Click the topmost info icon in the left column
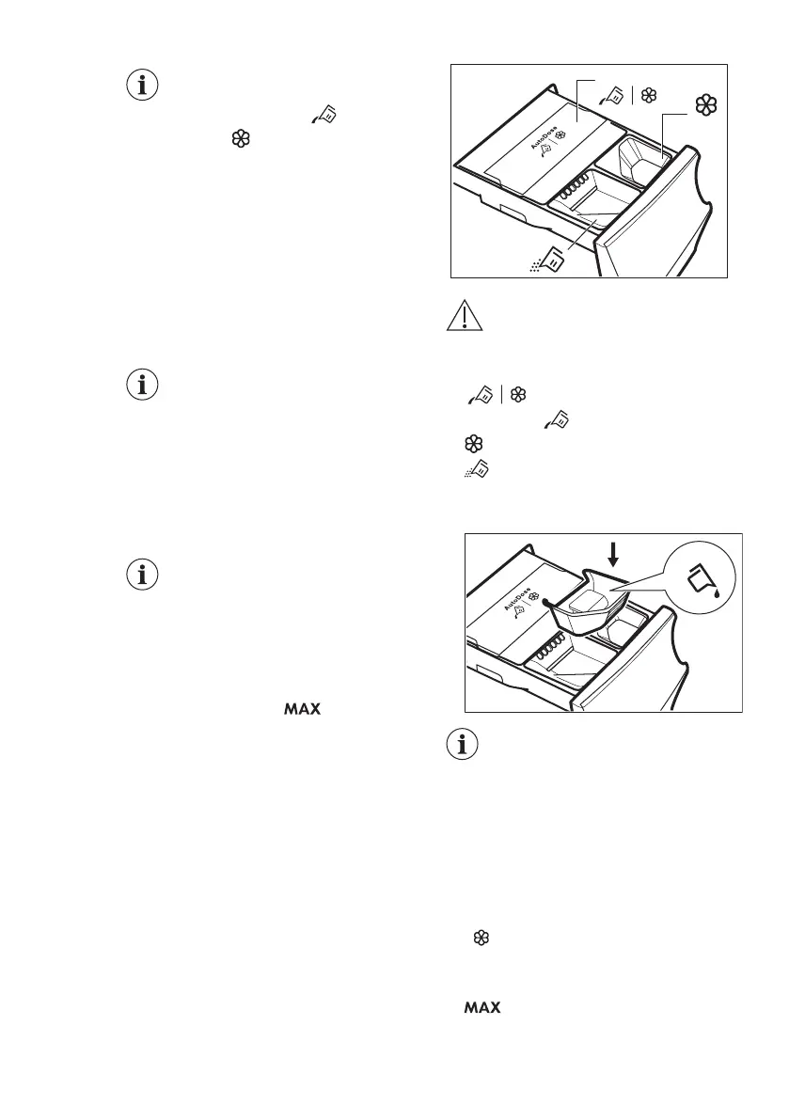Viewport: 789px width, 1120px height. (143, 86)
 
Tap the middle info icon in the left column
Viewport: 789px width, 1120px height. (143, 386)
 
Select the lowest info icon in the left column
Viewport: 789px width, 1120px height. (143, 576)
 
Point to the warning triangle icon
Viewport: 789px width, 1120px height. (461, 317)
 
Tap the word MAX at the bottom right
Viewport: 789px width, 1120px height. (481, 1008)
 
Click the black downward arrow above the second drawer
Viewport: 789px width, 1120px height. (614, 556)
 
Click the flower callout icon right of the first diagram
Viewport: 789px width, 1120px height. (707, 106)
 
